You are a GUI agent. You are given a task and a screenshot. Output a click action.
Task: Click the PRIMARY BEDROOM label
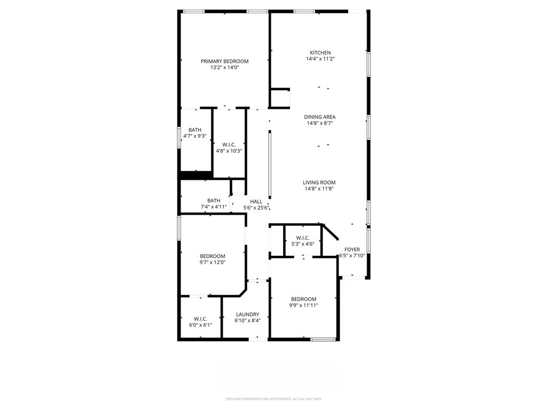tap(224, 61)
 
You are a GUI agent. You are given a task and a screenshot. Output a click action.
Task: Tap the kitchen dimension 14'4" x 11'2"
tap(320, 59)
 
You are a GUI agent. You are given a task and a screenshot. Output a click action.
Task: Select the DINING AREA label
tap(320, 117)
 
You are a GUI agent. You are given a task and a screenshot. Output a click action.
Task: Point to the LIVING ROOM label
tap(319, 183)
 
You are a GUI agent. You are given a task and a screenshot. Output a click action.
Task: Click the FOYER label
tap(352, 249)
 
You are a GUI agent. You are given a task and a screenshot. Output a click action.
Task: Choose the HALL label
tap(256, 201)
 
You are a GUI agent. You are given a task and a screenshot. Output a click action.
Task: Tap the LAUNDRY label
tap(247, 314)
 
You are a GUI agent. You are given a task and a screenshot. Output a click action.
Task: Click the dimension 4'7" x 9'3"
tap(195, 136)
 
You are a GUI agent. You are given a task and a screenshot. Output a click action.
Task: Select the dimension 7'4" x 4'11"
tap(214, 207)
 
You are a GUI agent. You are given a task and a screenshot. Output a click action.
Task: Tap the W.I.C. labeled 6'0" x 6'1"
tap(200, 319)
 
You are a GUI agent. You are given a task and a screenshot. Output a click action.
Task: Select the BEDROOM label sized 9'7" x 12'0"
tap(213, 256)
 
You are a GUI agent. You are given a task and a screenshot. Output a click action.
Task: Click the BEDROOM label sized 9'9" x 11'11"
tap(303, 299)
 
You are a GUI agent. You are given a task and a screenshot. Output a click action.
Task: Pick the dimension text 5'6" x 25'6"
tap(256, 208)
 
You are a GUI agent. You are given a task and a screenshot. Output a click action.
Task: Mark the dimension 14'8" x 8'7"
tap(320, 123)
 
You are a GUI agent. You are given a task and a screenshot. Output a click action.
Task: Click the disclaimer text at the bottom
tap(273, 399)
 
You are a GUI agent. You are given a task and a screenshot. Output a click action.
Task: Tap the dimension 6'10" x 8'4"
tap(247, 321)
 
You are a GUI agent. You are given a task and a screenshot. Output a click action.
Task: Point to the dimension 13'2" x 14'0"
tap(224, 68)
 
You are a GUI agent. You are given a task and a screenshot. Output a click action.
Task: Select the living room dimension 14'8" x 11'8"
tap(319, 189)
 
